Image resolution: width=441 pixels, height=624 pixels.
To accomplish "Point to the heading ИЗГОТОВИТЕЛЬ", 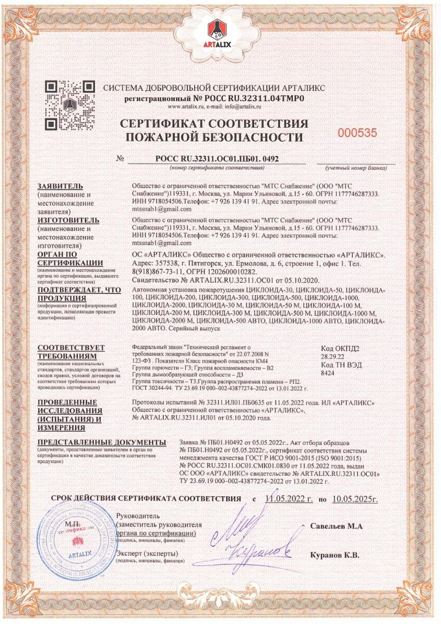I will (68, 220).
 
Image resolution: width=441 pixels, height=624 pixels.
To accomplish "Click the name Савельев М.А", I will (336, 526).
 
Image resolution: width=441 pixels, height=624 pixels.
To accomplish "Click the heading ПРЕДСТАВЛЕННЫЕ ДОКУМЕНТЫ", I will (101, 443).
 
